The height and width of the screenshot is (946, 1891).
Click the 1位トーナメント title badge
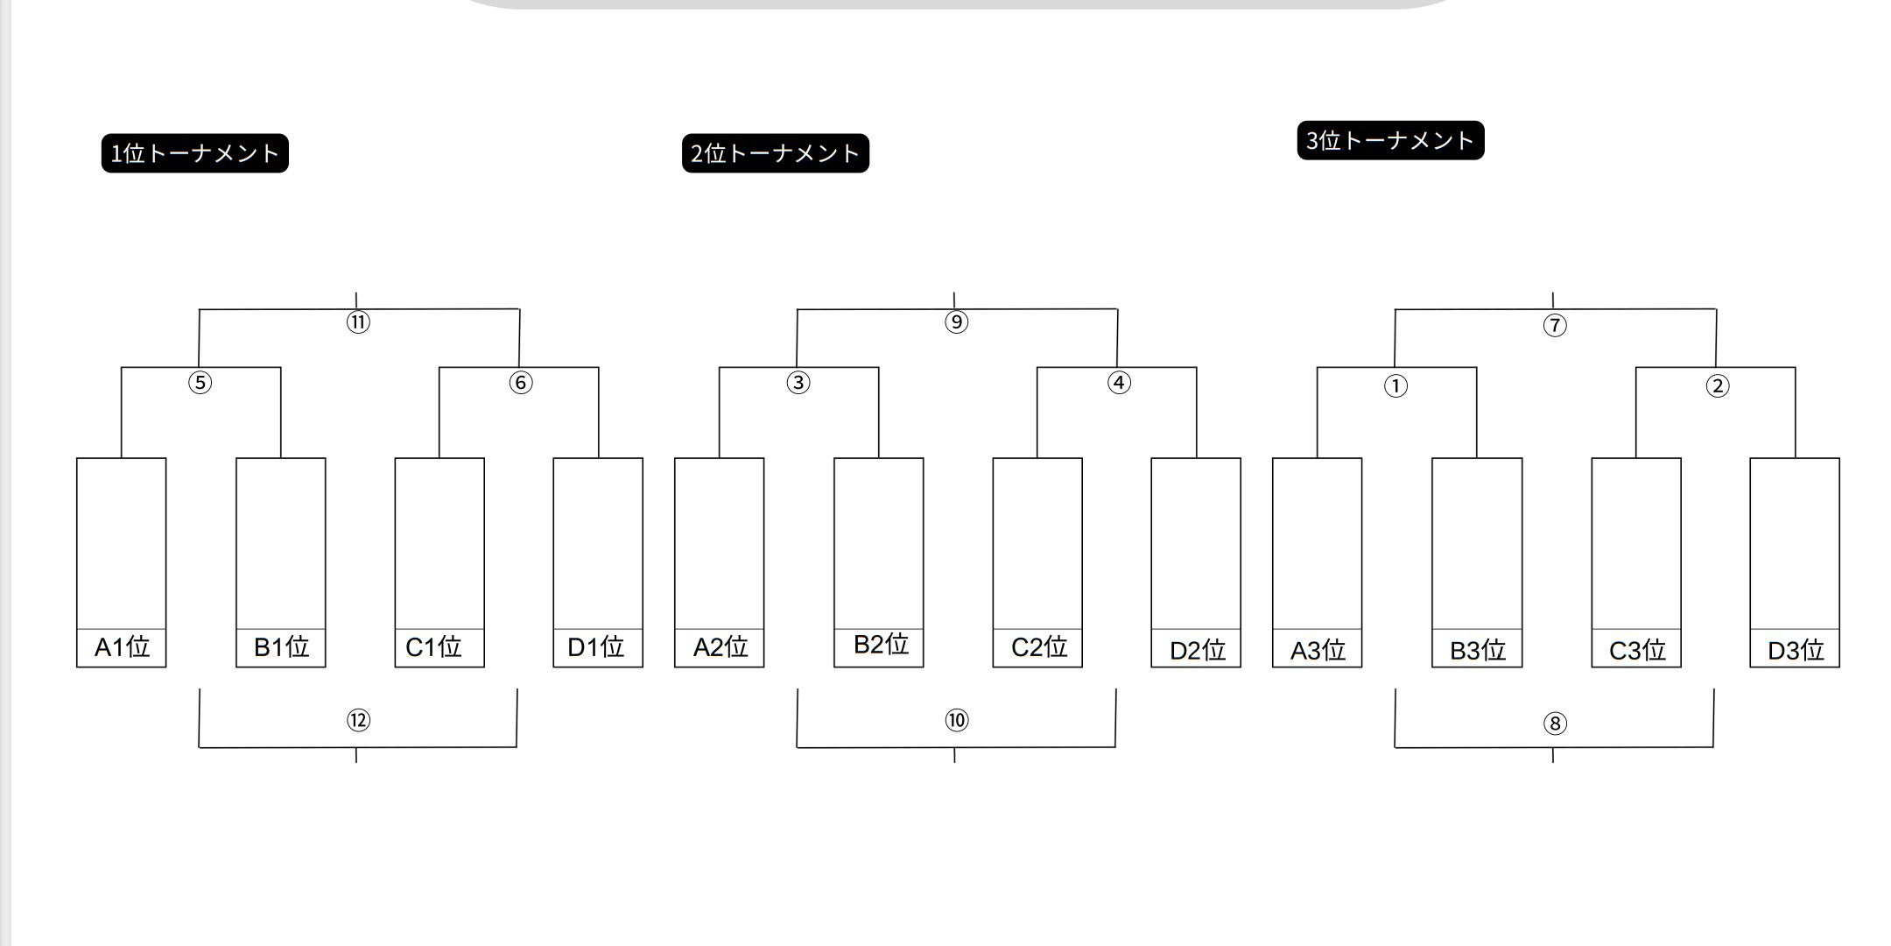[194, 153]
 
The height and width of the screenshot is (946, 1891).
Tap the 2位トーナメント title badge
[775, 153]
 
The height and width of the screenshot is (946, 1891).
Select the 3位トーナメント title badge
[1390, 140]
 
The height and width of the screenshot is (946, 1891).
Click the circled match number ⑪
[358, 322]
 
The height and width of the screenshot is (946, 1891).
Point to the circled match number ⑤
[200, 383]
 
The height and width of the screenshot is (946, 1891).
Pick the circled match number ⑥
[521, 383]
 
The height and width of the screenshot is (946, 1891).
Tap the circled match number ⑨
[956, 322]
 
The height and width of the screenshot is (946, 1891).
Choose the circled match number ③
[798, 383]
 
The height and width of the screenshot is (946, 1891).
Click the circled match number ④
[1119, 383]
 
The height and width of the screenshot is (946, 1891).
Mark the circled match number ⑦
[1554, 326]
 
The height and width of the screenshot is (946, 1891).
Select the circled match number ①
[1395, 386]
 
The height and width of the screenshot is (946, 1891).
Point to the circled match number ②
[1718, 386]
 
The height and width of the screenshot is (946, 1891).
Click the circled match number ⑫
[358, 721]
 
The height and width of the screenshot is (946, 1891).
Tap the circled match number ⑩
[956, 721]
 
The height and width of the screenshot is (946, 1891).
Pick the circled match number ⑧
[1554, 724]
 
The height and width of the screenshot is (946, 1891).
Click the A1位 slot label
[122, 647]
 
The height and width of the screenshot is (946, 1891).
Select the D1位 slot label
[595, 647]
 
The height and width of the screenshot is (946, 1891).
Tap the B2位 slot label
[881, 645]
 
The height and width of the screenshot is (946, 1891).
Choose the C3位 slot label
[1637, 651]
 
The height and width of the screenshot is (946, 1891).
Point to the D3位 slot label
[1796, 651]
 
